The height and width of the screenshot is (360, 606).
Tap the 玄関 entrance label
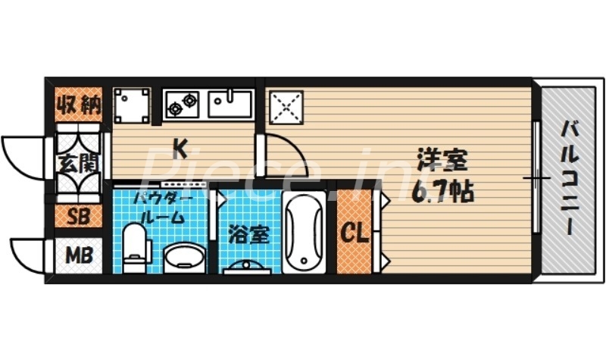(77, 163)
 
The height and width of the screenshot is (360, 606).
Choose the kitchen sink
(230, 104)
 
